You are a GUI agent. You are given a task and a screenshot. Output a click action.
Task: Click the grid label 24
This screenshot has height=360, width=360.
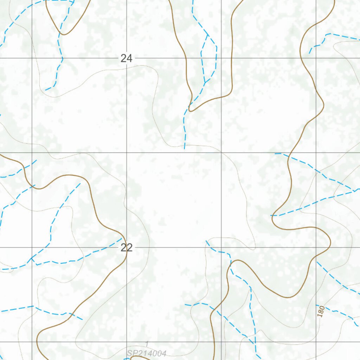[126, 58]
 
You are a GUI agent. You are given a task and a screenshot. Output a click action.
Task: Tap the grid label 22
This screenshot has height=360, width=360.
[126, 248]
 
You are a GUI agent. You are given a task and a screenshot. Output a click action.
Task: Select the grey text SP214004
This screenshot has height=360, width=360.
[147, 353]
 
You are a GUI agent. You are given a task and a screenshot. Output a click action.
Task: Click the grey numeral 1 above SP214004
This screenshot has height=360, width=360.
[147, 344]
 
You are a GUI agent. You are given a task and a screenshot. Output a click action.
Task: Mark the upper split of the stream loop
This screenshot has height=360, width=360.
[208, 35]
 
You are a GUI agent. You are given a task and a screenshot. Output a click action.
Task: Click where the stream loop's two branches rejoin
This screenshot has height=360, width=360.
[205, 83]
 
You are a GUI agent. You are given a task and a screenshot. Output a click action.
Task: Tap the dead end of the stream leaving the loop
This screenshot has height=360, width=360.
[185, 148]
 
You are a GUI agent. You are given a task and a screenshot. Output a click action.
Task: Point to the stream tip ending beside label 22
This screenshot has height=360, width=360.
[122, 238]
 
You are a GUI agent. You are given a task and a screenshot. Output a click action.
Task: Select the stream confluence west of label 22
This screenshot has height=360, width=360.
[32, 258]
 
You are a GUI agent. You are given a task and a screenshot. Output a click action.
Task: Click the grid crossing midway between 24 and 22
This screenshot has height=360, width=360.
[127, 153]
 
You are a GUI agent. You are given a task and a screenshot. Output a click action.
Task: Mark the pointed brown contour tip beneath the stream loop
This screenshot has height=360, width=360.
[190, 110]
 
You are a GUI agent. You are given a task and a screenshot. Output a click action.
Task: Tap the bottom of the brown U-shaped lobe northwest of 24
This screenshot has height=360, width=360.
[64, 34]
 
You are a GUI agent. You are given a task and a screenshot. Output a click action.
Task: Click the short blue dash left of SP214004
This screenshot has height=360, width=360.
[127, 359]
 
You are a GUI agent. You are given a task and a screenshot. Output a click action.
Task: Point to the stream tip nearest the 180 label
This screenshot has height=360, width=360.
[316, 305]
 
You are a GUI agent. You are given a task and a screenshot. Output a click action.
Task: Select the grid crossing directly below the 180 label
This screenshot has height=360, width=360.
[316, 342]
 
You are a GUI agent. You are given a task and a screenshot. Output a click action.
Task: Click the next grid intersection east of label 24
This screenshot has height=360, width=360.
[221, 58]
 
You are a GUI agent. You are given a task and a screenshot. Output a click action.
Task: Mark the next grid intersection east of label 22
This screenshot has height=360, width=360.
[221, 247]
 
